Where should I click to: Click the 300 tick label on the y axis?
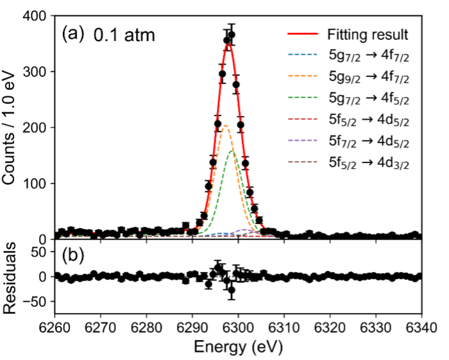[x=35, y=72]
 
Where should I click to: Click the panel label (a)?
[x=72, y=34]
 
